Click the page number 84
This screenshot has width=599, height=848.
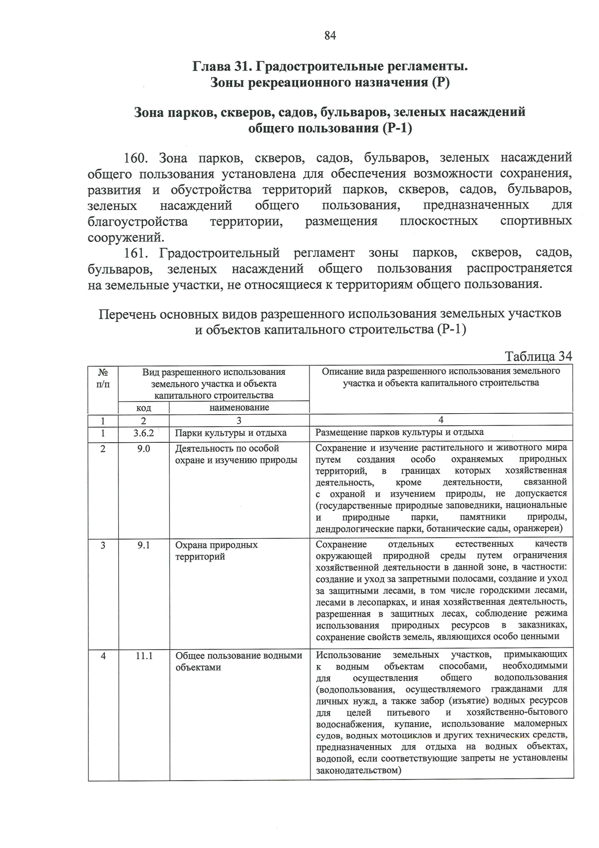tap(330, 35)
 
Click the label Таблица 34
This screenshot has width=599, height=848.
tap(538, 356)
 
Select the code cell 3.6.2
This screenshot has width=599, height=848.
tap(144, 433)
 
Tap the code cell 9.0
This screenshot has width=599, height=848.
tap(144, 449)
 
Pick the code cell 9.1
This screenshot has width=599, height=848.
tap(144, 545)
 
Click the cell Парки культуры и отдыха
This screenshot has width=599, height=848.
tap(231, 433)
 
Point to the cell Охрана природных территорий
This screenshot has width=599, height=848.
tap(216, 551)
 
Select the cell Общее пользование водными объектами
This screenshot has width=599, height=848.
tap(239, 661)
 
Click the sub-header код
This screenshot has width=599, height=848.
tap(144, 408)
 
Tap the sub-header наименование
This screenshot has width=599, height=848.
tap(239, 407)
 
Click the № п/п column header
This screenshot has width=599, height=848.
tap(103, 378)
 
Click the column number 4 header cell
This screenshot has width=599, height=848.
tap(441, 420)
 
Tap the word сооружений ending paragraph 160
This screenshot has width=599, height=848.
tap(125, 237)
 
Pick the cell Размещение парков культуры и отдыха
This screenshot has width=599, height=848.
tap(399, 432)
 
